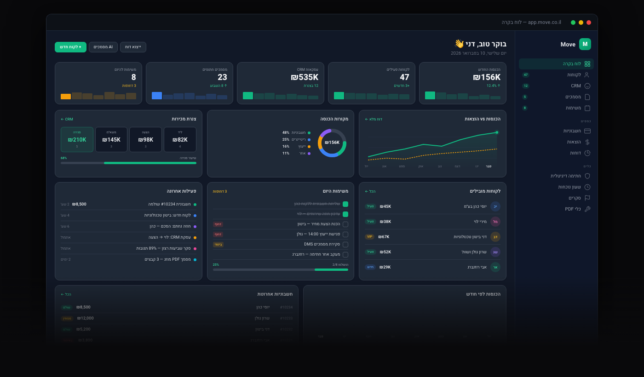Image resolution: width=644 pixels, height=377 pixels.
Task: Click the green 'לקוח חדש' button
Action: (x=70, y=47)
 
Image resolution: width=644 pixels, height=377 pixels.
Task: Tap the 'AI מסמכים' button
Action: (x=103, y=47)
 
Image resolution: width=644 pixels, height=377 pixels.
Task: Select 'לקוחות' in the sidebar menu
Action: (x=574, y=75)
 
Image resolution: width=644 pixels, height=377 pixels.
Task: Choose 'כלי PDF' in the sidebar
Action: (x=573, y=209)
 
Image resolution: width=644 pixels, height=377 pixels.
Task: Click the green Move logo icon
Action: (x=585, y=44)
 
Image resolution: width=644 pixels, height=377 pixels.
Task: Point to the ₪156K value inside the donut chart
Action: (x=332, y=143)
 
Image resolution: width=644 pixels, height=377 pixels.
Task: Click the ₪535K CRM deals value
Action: (x=305, y=77)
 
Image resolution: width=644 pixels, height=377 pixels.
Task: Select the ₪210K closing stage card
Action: (x=77, y=140)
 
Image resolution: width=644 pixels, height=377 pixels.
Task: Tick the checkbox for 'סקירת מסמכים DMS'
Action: (x=345, y=245)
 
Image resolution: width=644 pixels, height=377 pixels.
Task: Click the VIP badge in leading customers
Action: (x=369, y=237)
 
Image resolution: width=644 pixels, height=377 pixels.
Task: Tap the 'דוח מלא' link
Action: (x=374, y=119)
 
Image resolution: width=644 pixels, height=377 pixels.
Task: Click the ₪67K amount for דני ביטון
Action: (x=384, y=237)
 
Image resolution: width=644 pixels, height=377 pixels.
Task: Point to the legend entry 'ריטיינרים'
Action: (x=299, y=139)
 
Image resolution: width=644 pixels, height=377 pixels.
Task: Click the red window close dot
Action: (x=588, y=23)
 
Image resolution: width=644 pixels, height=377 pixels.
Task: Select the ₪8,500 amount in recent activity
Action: (x=79, y=204)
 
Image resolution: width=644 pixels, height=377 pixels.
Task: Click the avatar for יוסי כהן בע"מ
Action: (x=495, y=206)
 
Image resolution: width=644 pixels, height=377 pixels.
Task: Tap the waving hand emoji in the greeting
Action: (x=459, y=44)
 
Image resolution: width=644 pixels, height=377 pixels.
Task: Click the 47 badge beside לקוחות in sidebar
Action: (x=525, y=75)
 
